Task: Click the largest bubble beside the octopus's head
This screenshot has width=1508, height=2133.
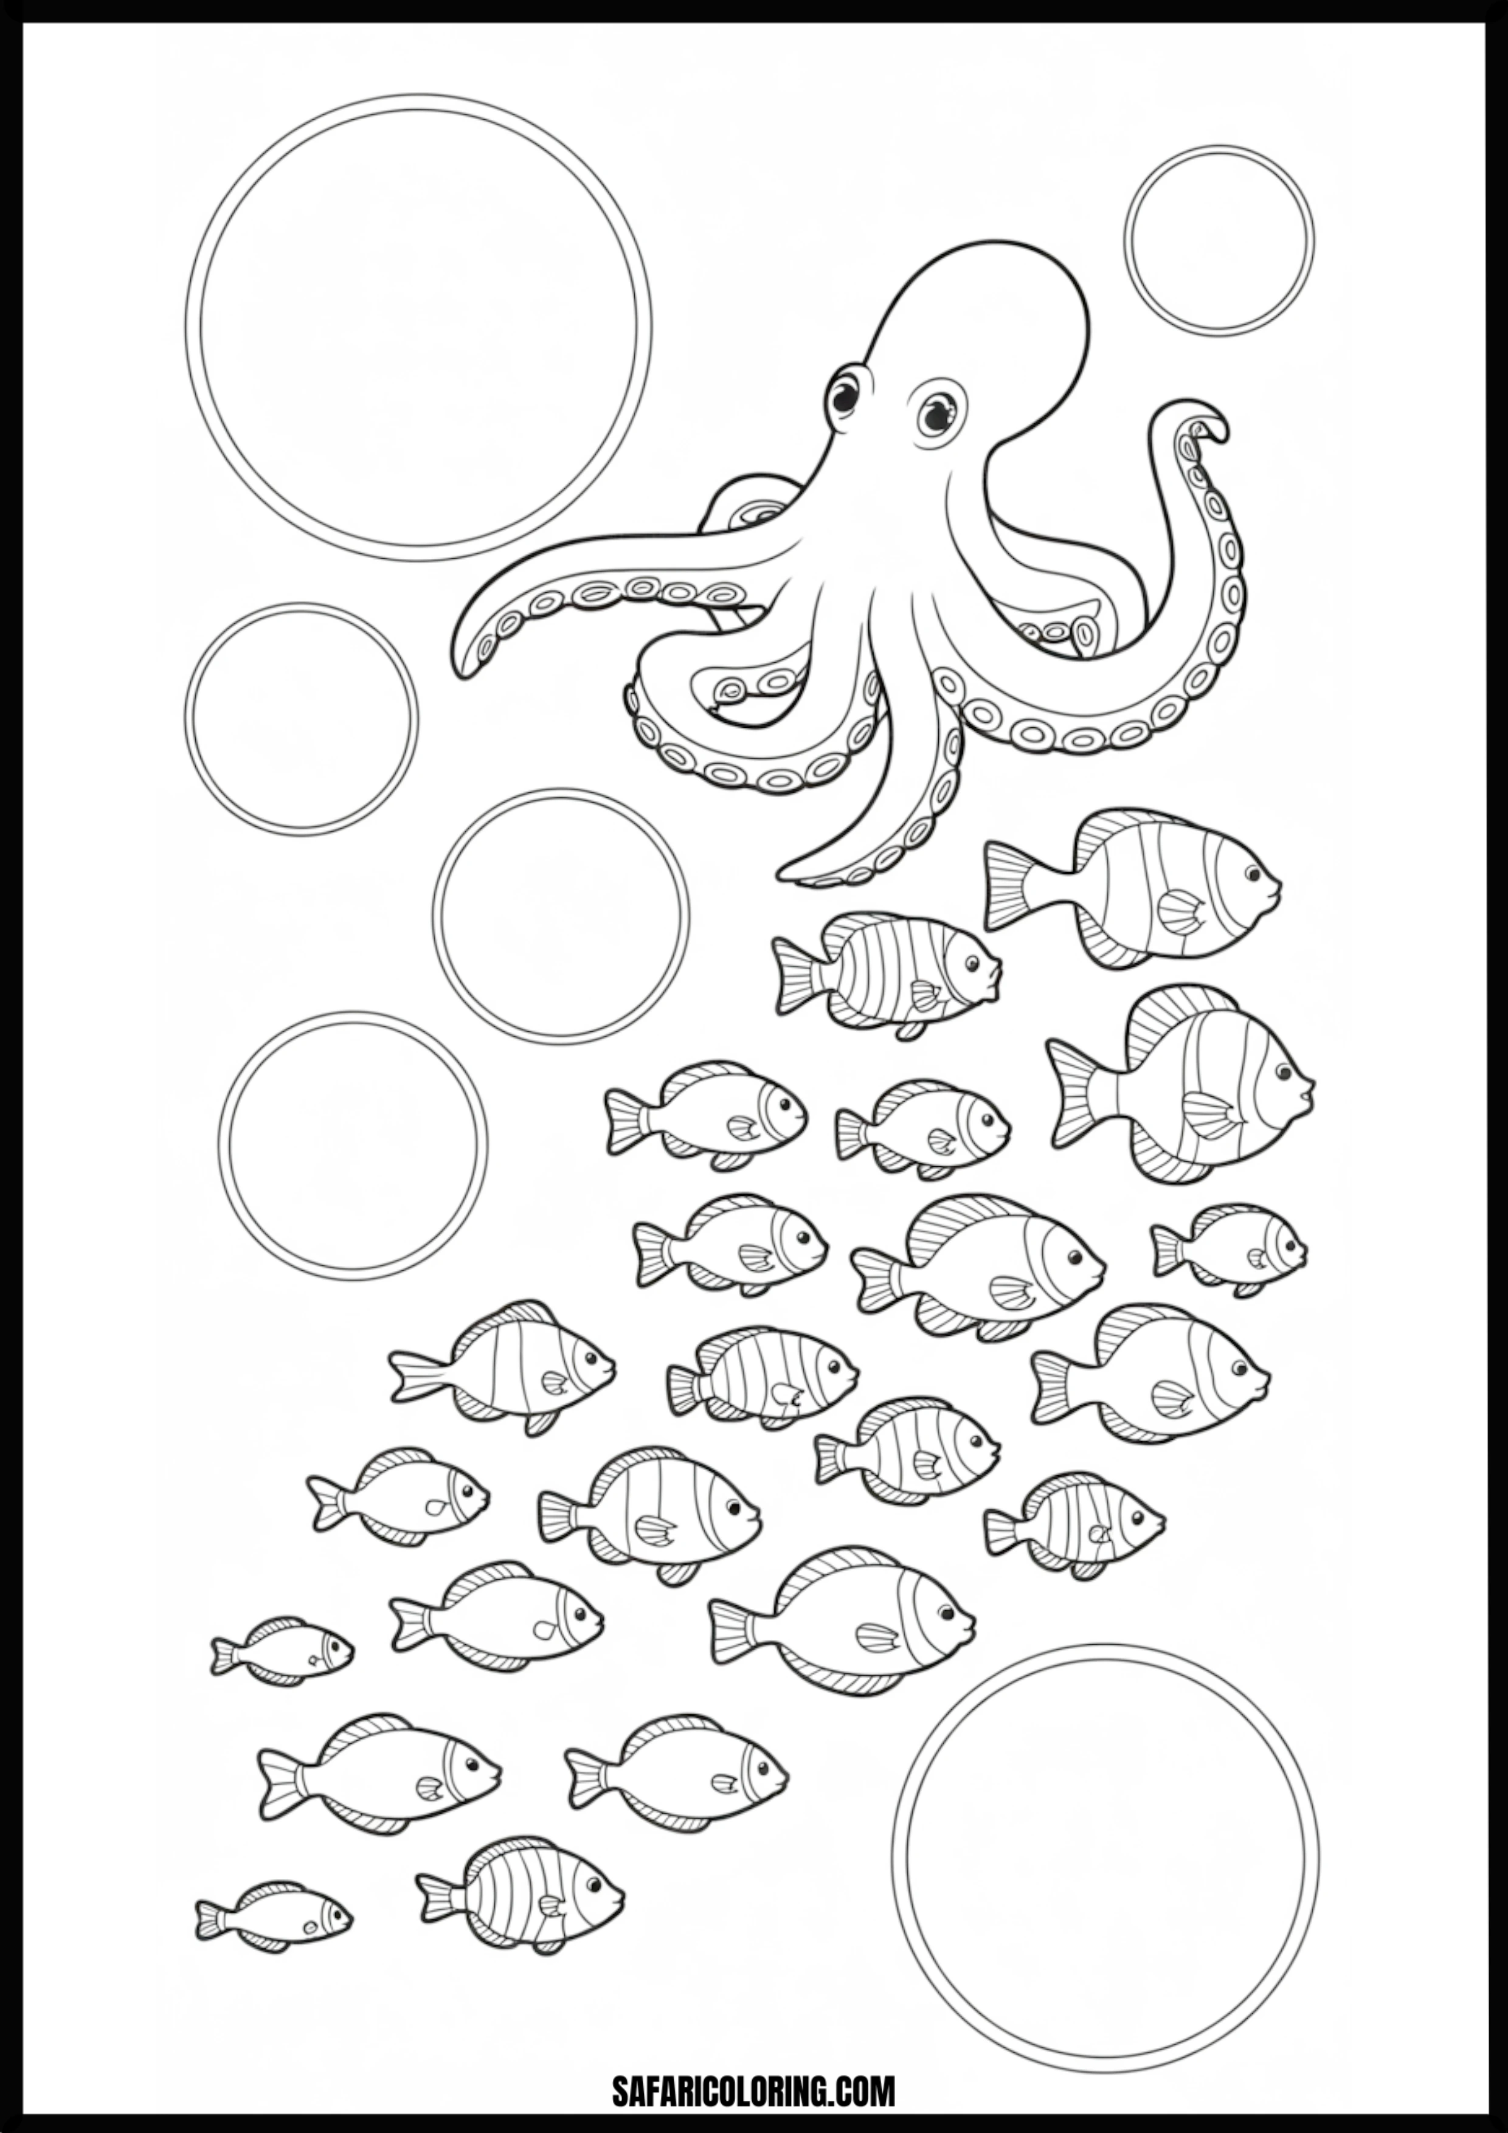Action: click(x=418, y=327)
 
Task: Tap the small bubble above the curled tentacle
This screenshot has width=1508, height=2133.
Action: click(x=1218, y=240)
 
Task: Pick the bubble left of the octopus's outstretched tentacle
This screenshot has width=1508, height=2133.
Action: click(x=301, y=719)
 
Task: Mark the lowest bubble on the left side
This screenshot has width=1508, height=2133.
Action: click(x=353, y=1146)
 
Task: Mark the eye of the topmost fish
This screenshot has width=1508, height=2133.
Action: click(x=1253, y=874)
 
